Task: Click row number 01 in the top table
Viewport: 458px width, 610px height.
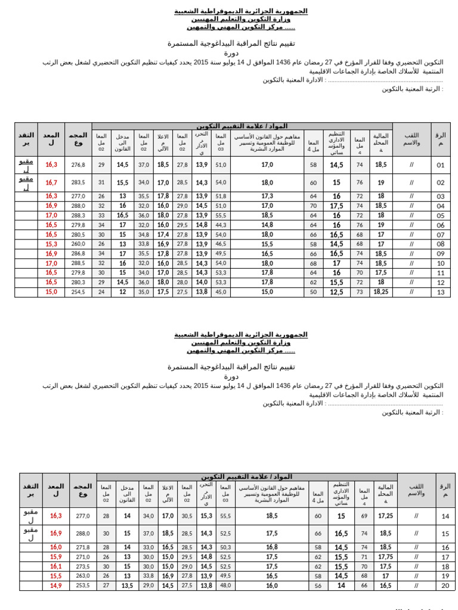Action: click(x=441, y=165)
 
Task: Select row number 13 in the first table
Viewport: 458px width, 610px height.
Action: click(x=441, y=292)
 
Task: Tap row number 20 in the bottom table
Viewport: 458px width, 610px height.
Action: click(x=445, y=586)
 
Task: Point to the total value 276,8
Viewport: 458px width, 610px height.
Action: click(x=78, y=165)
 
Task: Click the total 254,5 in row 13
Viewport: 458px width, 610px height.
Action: click(x=78, y=292)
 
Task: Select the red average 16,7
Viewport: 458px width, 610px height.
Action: click(x=51, y=183)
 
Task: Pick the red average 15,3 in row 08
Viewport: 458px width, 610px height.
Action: click(x=51, y=244)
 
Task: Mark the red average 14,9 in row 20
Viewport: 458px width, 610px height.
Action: click(x=55, y=586)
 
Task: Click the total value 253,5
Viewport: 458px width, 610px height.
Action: click(x=83, y=586)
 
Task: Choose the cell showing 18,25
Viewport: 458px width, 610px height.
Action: click(x=380, y=292)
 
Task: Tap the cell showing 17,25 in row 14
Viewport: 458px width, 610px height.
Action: click(x=386, y=516)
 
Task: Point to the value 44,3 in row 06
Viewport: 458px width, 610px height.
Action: click(x=221, y=225)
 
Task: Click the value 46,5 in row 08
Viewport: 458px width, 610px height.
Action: click(x=221, y=244)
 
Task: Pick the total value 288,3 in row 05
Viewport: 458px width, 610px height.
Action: click(x=78, y=216)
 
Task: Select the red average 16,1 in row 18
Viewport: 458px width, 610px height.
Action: click(x=55, y=567)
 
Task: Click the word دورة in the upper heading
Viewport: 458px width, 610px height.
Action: click(x=231, y=53)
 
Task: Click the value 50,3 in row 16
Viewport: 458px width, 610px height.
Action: click(x=225, y=547)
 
